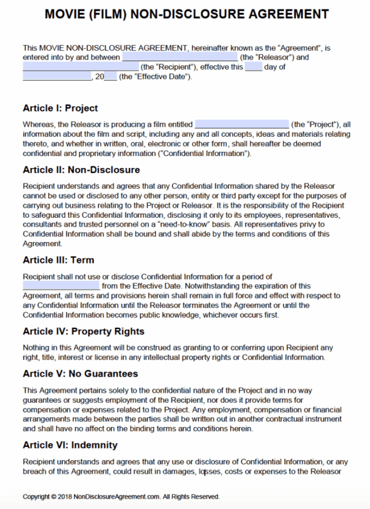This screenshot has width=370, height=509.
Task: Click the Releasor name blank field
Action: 180,58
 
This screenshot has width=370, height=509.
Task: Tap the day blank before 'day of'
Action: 253,67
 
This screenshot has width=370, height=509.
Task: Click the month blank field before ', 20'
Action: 57,76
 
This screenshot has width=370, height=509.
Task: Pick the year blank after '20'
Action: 110,76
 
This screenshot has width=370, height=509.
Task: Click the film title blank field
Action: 242,124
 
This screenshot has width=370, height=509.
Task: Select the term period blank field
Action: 61,286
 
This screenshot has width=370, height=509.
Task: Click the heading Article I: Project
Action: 60,108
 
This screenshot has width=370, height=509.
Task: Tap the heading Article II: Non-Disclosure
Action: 81,170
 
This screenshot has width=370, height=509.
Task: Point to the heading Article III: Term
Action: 58,260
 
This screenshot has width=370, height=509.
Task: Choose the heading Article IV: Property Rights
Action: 83,331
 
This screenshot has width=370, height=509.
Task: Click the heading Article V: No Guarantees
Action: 80,374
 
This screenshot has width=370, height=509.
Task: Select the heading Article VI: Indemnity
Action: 70,445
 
